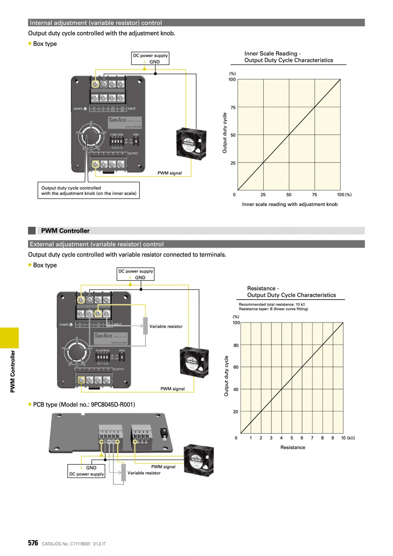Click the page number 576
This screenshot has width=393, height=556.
(x=33, y=543)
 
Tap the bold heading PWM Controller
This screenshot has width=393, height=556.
(x=65, y=231)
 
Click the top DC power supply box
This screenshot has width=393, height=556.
(x=150, y=58)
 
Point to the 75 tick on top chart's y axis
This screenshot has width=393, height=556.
(x=233, y=107)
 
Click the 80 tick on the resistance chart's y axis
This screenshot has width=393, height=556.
(x=236, y=345)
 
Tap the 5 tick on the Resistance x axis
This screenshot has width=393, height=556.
(x=292, y=438)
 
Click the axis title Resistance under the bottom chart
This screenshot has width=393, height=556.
(x=293, y=447)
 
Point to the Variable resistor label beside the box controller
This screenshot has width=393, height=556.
(x=166, y=326)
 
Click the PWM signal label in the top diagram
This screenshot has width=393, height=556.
(x=170, y=173)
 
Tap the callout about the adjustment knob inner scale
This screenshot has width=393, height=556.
(x=88, y=190)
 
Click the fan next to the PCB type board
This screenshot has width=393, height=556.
(x=198, y=460)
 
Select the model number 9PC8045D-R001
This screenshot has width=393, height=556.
(x=113, y=404)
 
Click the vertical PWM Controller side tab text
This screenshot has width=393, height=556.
(x=13, y=371)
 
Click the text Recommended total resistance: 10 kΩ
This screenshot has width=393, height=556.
(x=272, y=304)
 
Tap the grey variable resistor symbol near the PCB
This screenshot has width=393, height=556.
(x=123, y=473)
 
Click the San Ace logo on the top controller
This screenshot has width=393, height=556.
(x=118, y=120)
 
